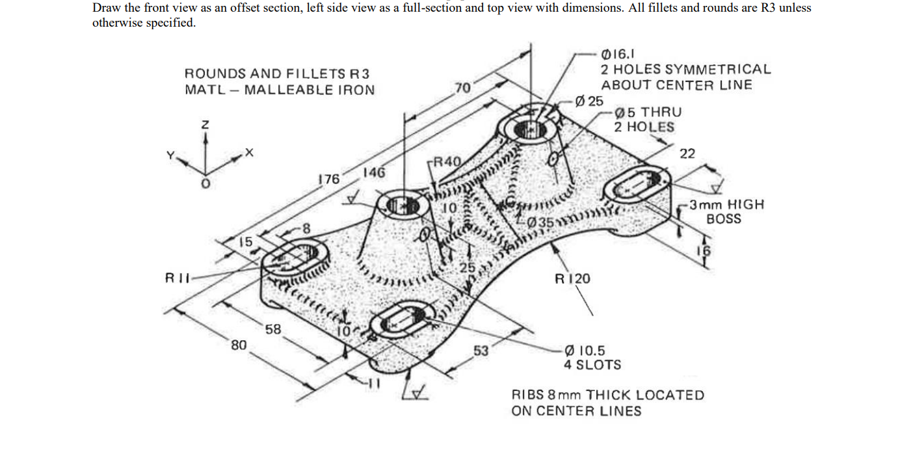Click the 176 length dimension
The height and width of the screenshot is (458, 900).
click(328, 179)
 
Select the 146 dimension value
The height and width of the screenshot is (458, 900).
click(374, 173)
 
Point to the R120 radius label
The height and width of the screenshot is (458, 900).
click(572, 278)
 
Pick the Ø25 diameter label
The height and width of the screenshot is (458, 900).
click(590, 101)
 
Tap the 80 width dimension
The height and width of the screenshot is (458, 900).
click(239, 345)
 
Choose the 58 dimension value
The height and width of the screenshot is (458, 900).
click(273, 329)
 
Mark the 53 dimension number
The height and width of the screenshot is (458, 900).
click(481, 351)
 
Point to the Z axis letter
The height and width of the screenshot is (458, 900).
click(205, 124)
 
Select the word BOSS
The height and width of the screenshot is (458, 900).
click(723, 219)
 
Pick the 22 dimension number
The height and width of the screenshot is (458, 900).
click(687, 154)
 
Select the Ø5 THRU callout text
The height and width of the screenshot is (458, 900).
click(648, 112)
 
